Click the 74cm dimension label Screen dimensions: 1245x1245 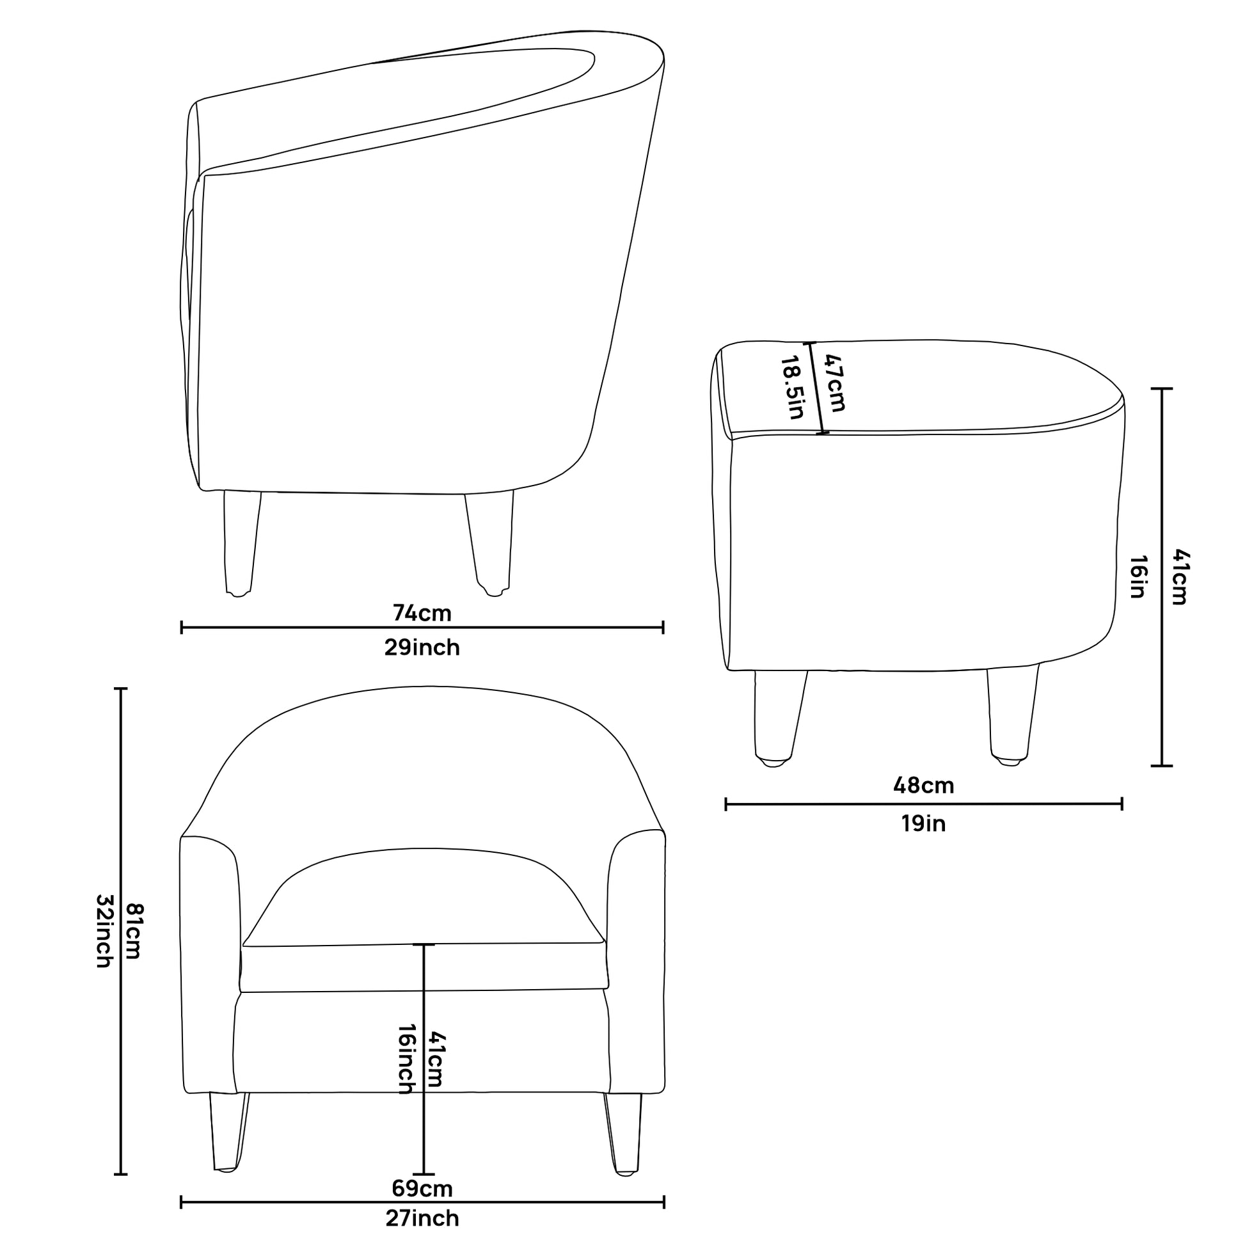(x=422, y=613)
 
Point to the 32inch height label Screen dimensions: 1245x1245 (x=104, y=931)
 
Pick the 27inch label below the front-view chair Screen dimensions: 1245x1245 (x=422, y=1218)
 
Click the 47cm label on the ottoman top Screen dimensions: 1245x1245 (x=833, y=383)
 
